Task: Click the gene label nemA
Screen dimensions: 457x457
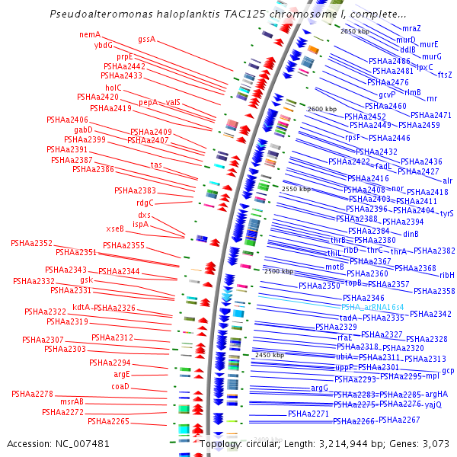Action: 90,34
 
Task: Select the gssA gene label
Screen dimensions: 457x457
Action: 146,39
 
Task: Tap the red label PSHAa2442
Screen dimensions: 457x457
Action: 124,66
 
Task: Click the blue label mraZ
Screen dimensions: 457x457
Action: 411,28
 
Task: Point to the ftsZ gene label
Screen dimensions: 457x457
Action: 445,75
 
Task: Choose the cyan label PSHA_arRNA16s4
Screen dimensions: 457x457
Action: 372,307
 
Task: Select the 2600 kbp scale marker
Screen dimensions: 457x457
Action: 321,109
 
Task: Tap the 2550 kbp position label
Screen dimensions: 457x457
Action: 296,189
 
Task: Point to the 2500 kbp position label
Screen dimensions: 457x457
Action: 278,271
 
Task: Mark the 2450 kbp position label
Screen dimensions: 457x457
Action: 269,355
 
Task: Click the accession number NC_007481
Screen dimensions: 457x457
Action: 85,443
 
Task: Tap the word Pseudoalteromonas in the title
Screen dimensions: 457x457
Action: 96,14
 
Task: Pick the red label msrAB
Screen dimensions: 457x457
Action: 72,401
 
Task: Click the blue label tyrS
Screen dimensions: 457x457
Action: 446,214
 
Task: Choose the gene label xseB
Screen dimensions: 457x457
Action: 115,228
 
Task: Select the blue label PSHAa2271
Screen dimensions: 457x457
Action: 308,414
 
